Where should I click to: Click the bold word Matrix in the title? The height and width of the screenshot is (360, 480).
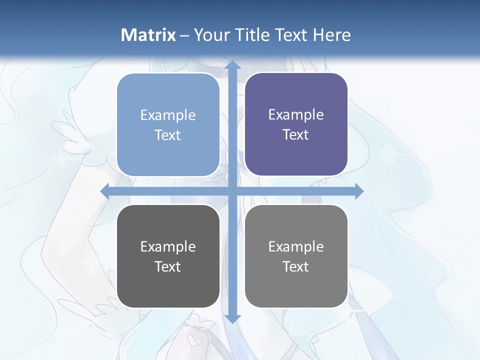coord(148,35)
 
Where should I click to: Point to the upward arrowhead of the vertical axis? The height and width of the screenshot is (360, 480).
coord(231,65)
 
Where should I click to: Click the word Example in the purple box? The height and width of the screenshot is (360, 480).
coord(296,115)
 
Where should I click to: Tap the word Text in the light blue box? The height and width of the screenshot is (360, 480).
coord(168,135)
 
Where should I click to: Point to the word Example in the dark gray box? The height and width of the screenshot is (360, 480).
coord(168,246)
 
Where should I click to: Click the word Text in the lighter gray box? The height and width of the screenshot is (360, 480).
coord(296,266)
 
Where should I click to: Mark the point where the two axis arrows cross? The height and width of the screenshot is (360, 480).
coord(231,190)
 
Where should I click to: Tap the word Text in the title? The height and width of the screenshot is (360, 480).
coord(291,35)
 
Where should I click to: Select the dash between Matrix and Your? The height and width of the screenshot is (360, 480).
coord(184,35)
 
